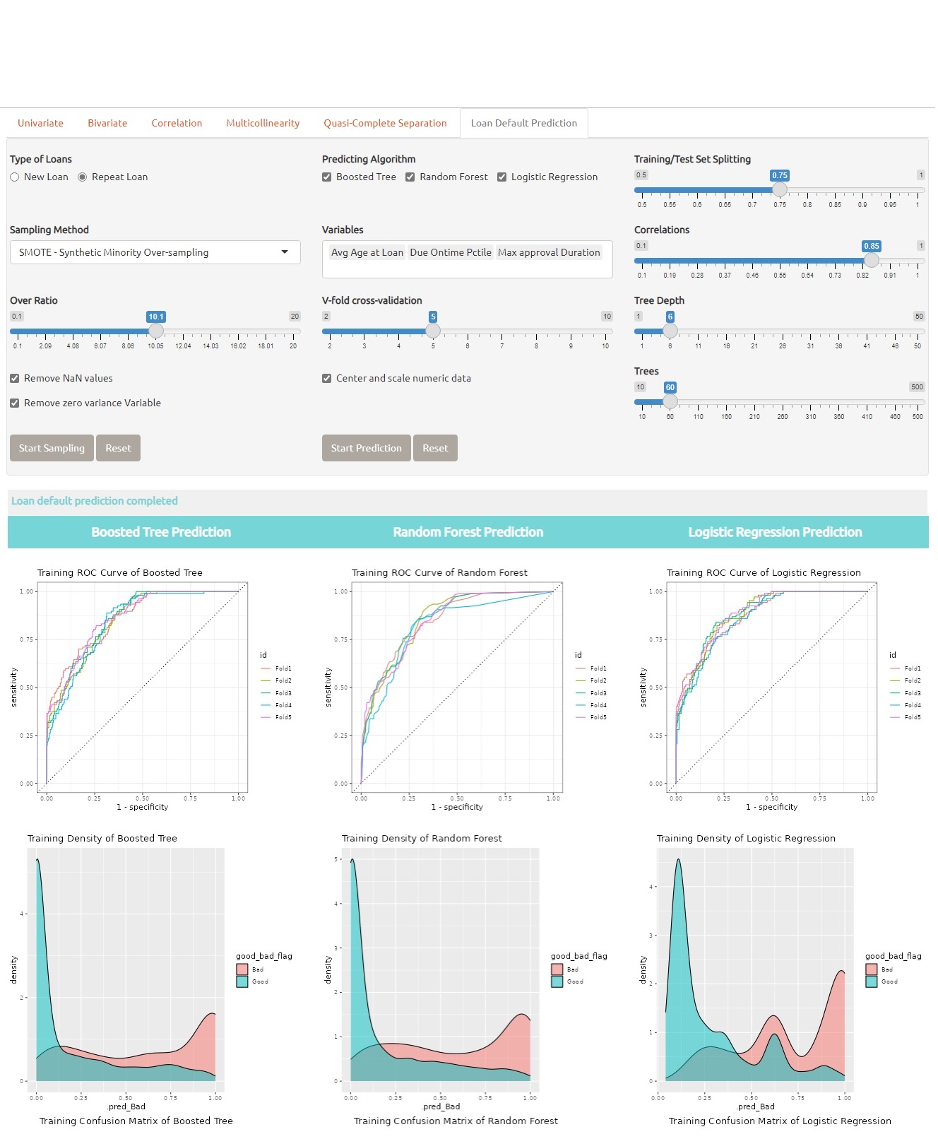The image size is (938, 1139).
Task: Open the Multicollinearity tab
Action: [263, 123]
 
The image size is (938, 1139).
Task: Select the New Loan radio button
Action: [15, 177]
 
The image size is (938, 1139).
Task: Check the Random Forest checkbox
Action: [410, 177]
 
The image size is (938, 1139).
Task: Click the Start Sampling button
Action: [52, 448]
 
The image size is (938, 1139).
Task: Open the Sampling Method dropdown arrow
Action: [285, 252]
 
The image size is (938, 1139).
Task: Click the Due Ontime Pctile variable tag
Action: [450, 252]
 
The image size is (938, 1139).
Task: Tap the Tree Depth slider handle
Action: [670, 331]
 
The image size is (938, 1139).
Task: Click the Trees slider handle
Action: [670, 401]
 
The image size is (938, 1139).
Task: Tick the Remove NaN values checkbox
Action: [15, 379]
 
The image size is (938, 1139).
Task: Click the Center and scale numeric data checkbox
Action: [327, 379]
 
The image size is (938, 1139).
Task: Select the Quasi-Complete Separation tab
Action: [385, 123]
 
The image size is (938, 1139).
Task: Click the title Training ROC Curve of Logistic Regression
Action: [764, 572]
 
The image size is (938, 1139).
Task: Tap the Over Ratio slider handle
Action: [155, 331]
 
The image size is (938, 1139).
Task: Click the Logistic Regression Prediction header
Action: [775, 532]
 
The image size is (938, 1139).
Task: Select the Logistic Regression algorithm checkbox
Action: [501, 177]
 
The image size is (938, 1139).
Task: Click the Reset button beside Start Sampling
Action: [118, 448]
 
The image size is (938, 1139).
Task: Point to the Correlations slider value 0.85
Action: [871, 246]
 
